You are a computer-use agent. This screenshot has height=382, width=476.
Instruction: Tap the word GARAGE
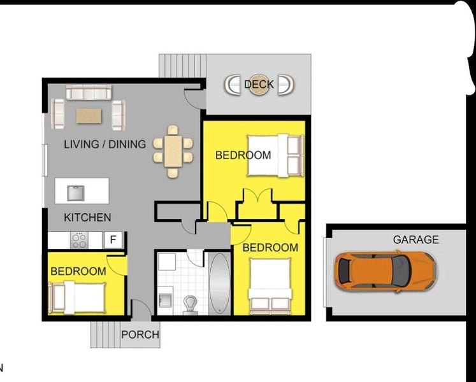tap(415, 240)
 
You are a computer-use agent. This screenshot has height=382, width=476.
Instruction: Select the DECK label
tap(259, 84)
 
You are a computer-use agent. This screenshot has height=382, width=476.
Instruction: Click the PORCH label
tap(140, 334)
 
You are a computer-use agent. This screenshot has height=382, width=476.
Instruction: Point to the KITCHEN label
tap(87, 218)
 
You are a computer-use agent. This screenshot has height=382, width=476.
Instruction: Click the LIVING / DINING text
tap(105, 145)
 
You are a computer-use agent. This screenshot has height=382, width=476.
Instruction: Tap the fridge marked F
tap(113, 240)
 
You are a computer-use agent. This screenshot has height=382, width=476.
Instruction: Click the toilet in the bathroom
tap(191, 304)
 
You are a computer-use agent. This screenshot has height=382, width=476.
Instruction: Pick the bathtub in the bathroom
tap(219, 283)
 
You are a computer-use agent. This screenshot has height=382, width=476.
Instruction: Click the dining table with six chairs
tap(173, 151)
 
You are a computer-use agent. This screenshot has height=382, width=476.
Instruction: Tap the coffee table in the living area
tap(89, 116)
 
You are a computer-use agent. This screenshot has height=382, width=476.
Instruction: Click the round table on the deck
tap(259, 85)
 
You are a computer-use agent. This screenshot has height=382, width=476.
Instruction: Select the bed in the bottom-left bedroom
tap(76, 296)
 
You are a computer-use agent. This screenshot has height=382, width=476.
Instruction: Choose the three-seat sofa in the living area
tap(89, 94)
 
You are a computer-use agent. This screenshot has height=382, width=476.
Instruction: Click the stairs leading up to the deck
tap(183, 65)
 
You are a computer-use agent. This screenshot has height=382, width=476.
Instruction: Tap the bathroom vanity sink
tap(166, 299)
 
